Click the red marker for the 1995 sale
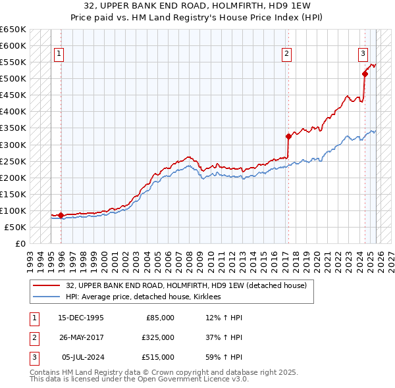pyautogui.click(x=61, y=215)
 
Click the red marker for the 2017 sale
pyautogui.click(x=288, y=136)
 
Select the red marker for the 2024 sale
pyautogui.click(x=365, y=74)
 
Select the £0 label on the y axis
pyautogui.click(x=20, y=243)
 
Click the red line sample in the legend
pyautogui.click(x=47, y=286)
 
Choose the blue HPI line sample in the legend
pyautogui.click(x=47, y=297)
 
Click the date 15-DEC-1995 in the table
pyautogui.click(x=80, y=318)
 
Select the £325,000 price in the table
pyautogui.click(x=158, y=337)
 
